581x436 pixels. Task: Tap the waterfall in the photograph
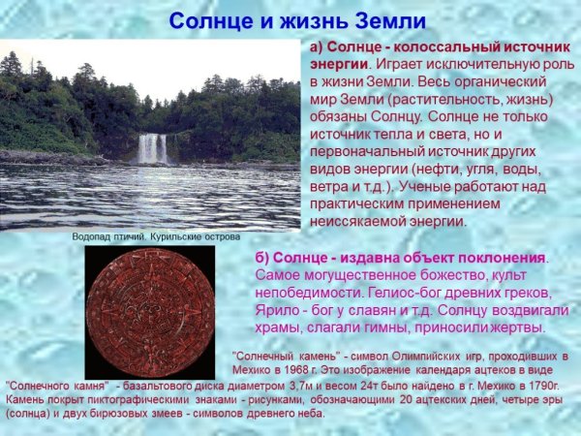pos(152,148)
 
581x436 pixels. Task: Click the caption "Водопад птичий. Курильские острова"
pos(155,236)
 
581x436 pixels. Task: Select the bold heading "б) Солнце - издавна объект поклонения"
pos(400,258)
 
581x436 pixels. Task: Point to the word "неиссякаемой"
pos(354,221)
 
